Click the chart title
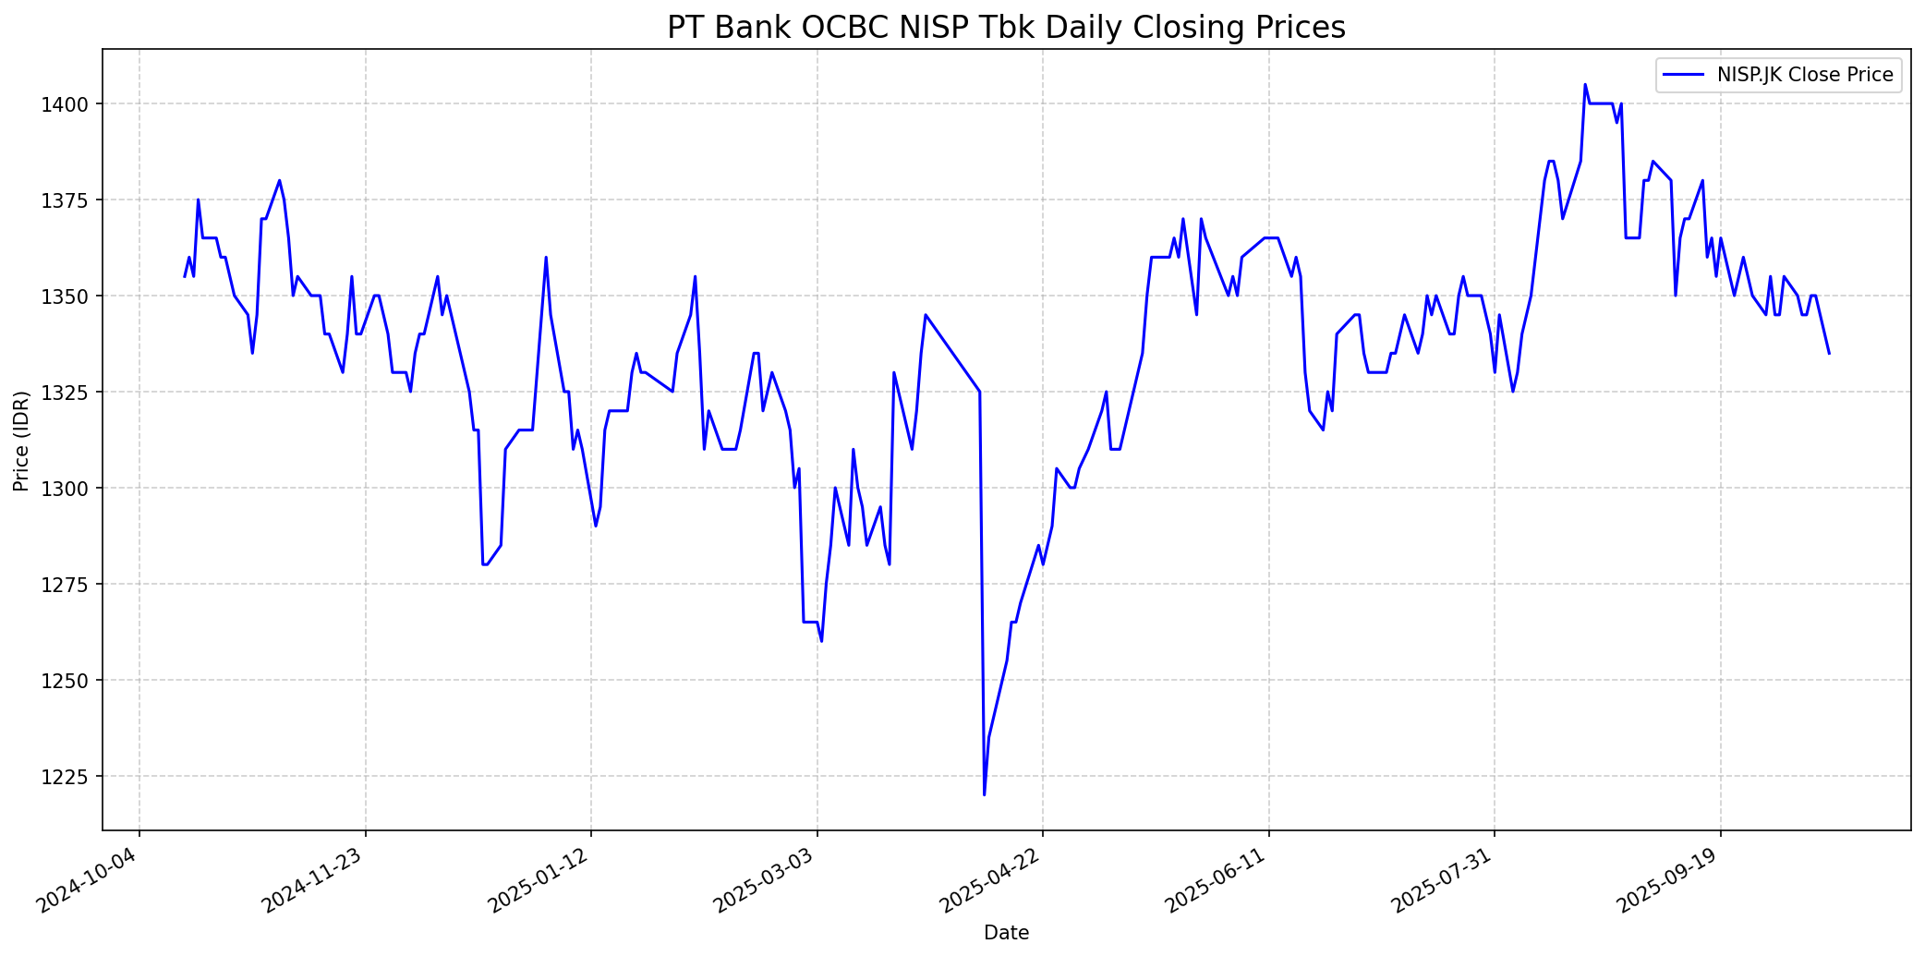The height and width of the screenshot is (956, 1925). coord(1006,28)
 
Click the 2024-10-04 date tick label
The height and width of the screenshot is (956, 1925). coord(89,881)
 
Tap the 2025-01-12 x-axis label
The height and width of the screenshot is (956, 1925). coord(540,881)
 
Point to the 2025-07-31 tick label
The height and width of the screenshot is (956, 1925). coord(1444,881)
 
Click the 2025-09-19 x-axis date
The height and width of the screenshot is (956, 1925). coord(1669,881)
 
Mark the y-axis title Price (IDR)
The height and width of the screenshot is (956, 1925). coord(21,441)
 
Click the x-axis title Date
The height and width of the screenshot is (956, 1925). coord(1006,933)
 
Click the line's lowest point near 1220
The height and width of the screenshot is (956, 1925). coord(984,794)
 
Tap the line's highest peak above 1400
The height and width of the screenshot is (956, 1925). coord(1585,85)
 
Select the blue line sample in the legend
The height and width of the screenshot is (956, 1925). coord(1684,75)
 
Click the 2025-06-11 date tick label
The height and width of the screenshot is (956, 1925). coord(1217,881)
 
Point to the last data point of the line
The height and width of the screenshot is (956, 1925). coord(1829,353)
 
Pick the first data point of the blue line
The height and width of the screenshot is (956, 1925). coord(185,276)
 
